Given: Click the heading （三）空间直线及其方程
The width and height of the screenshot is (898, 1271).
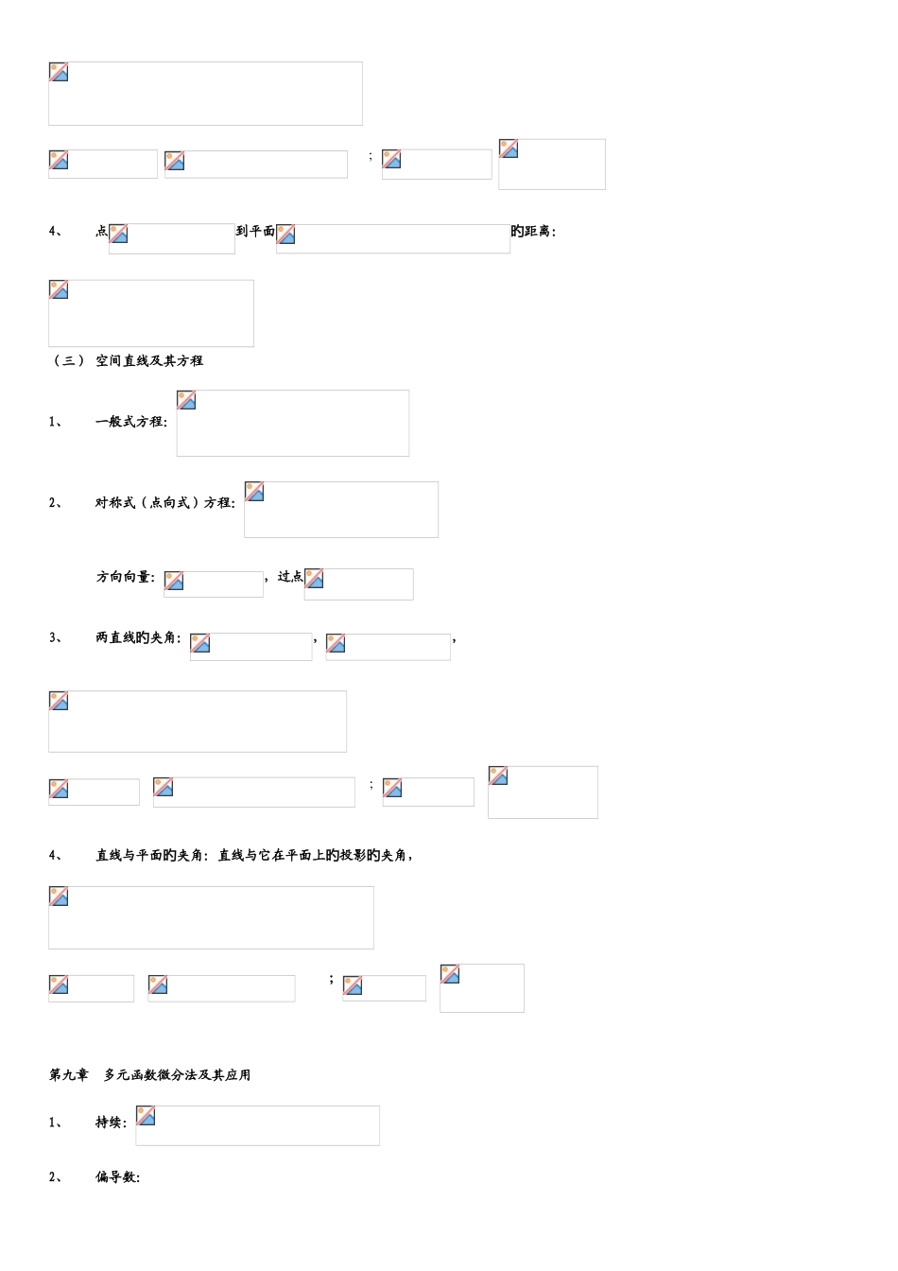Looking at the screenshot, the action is coord(127,361).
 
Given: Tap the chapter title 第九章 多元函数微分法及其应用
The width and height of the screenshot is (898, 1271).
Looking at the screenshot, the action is coord(149,1074).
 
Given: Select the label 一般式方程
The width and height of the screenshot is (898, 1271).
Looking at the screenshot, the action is coord(130,422).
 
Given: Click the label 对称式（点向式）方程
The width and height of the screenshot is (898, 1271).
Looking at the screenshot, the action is coord(164,503).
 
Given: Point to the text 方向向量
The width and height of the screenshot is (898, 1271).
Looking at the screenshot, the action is coord(123,577).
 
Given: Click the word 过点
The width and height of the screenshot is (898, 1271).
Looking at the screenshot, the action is coord(290,577).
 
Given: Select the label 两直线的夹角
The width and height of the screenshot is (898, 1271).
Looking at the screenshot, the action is coord(137,637).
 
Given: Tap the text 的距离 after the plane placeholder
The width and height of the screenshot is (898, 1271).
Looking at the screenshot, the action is coord(531,232).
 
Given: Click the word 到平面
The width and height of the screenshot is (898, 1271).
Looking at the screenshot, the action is coord(256,231).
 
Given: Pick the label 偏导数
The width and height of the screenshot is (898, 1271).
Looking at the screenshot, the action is coord(116,1176).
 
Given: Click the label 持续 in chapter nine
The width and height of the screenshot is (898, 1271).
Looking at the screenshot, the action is coord(110,1122).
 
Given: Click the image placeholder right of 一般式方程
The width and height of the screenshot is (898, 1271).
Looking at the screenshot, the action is coord(293,424).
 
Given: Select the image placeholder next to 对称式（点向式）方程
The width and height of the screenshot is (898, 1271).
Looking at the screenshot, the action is coord(341,510).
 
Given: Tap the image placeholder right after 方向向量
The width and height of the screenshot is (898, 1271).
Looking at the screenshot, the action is coord(214,583).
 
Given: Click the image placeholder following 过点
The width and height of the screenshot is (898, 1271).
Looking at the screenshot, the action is coord(359,583).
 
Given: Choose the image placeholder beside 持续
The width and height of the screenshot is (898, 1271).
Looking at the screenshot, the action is coord(257,1125).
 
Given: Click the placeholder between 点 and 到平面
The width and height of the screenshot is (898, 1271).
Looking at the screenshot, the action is coord(172,239).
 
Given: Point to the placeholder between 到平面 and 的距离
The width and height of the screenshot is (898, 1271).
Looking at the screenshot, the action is coord(393,239).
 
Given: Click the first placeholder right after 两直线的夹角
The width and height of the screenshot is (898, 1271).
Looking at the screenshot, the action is coord(251,647).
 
